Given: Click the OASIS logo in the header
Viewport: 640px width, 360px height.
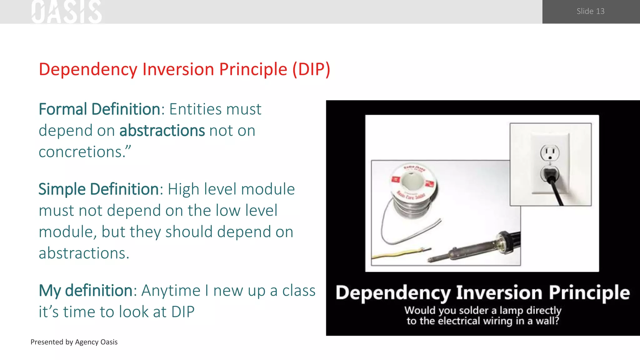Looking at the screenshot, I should (67, 12).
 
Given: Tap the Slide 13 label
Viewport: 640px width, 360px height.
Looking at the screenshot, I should (590, 11).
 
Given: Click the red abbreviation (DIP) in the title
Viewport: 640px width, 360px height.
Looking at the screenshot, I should (311, 69).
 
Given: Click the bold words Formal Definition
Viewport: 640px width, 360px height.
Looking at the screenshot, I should (99, 109).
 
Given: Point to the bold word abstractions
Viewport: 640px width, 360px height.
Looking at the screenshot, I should (162, 131).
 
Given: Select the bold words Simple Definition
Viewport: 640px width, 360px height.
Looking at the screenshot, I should (99, 189).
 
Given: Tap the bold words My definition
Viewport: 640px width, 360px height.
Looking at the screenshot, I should (86, 291).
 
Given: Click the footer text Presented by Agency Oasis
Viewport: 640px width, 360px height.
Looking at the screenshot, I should (74, 342).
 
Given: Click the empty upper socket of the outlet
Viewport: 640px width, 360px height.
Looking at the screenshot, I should (550, 152).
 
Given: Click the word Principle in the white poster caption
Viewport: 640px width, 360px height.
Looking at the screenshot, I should (589, 293).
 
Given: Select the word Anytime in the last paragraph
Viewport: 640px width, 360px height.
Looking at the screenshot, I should (171, 291).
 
